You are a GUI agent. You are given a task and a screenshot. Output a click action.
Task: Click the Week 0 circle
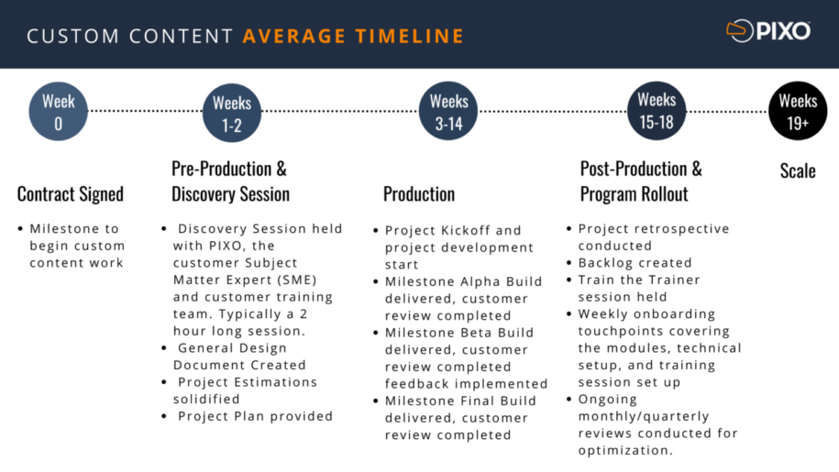click(x=59, y=112)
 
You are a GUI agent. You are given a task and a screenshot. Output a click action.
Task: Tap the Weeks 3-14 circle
click(x=448, y=112)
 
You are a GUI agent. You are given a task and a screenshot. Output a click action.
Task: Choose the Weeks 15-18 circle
click(x=657, y=110)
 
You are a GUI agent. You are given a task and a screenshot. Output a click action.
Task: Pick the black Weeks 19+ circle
click(x=798, y=112)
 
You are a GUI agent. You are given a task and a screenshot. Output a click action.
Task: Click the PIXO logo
click(x=768, y=32)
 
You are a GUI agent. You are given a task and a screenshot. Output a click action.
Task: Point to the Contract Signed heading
click(x=70, y=194)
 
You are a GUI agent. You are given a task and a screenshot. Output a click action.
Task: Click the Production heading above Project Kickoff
click(x=419, y=194)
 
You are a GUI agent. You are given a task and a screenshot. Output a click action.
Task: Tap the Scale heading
click(x=798, y=170)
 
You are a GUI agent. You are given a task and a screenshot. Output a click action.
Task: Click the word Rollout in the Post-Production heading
click(x=661, y=194)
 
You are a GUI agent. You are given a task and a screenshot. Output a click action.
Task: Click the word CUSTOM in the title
click(x=61, y=37)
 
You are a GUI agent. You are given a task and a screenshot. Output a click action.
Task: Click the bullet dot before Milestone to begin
click(x=21, y=229)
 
